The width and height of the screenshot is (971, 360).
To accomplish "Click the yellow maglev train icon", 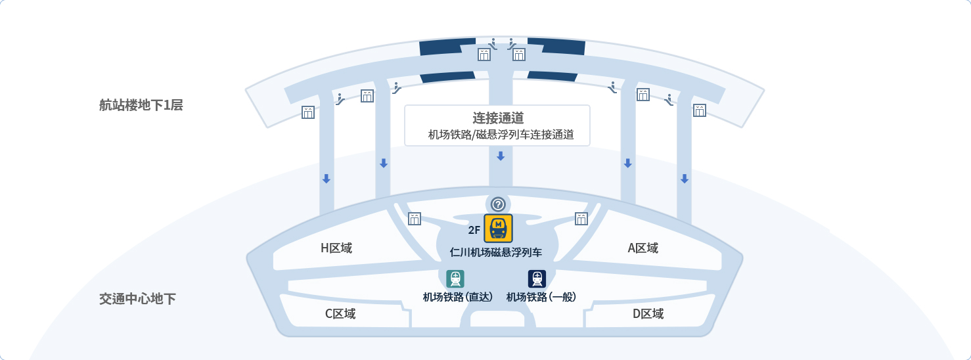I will pyautogui.click(x=498, y=229).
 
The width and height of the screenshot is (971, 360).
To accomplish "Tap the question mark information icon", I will pyautogui.click(x=498, y=204).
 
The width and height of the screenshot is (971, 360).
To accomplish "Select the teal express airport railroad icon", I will pyautogui.click(x=455, y=279).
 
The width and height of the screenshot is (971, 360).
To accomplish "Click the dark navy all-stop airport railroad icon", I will pyautogui.click(x=537, y=279).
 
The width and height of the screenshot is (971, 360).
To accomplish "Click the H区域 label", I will pyautogui.click(x=336, y=248).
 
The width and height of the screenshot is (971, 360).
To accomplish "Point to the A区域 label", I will pyautogui.click(x=643, y=248).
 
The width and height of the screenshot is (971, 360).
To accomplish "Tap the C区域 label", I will pyautogui.click(x=340, y=314).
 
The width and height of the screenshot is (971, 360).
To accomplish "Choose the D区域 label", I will pyautogui.click(x=648, y=314).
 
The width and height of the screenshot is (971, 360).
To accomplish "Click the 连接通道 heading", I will pyautogui.click(x=498, y=118).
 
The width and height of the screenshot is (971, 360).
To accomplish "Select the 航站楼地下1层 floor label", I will pyautogui.click(x=141, y=105).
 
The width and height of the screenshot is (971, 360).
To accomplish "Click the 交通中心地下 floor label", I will pyautogui.click(x=137, y=299).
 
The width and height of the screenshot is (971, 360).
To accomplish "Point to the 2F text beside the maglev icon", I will pyautogui.click(x=474, y=230).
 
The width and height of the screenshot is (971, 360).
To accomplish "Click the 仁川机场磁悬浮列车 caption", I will pyautogui.click(x=496, y=252).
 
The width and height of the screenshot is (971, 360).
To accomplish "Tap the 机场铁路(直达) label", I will pyautogui.click(x=458, y=297).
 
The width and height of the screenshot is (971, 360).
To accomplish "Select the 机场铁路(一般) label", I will pyautogui.click(x=541, y=297).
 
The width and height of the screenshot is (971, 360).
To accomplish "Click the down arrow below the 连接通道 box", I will pyautogui.click(x=501, y=156).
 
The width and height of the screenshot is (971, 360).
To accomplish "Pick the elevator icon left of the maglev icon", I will pyautogui.click(x=415, y=219).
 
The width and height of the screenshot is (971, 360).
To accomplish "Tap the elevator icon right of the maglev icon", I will pyautogui.click(x=581, y=219).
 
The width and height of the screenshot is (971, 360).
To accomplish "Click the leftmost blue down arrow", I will pyautogui.click(x=326, y=179).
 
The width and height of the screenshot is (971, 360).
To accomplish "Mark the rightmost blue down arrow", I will pyautogui.click(x=685, y=179).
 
